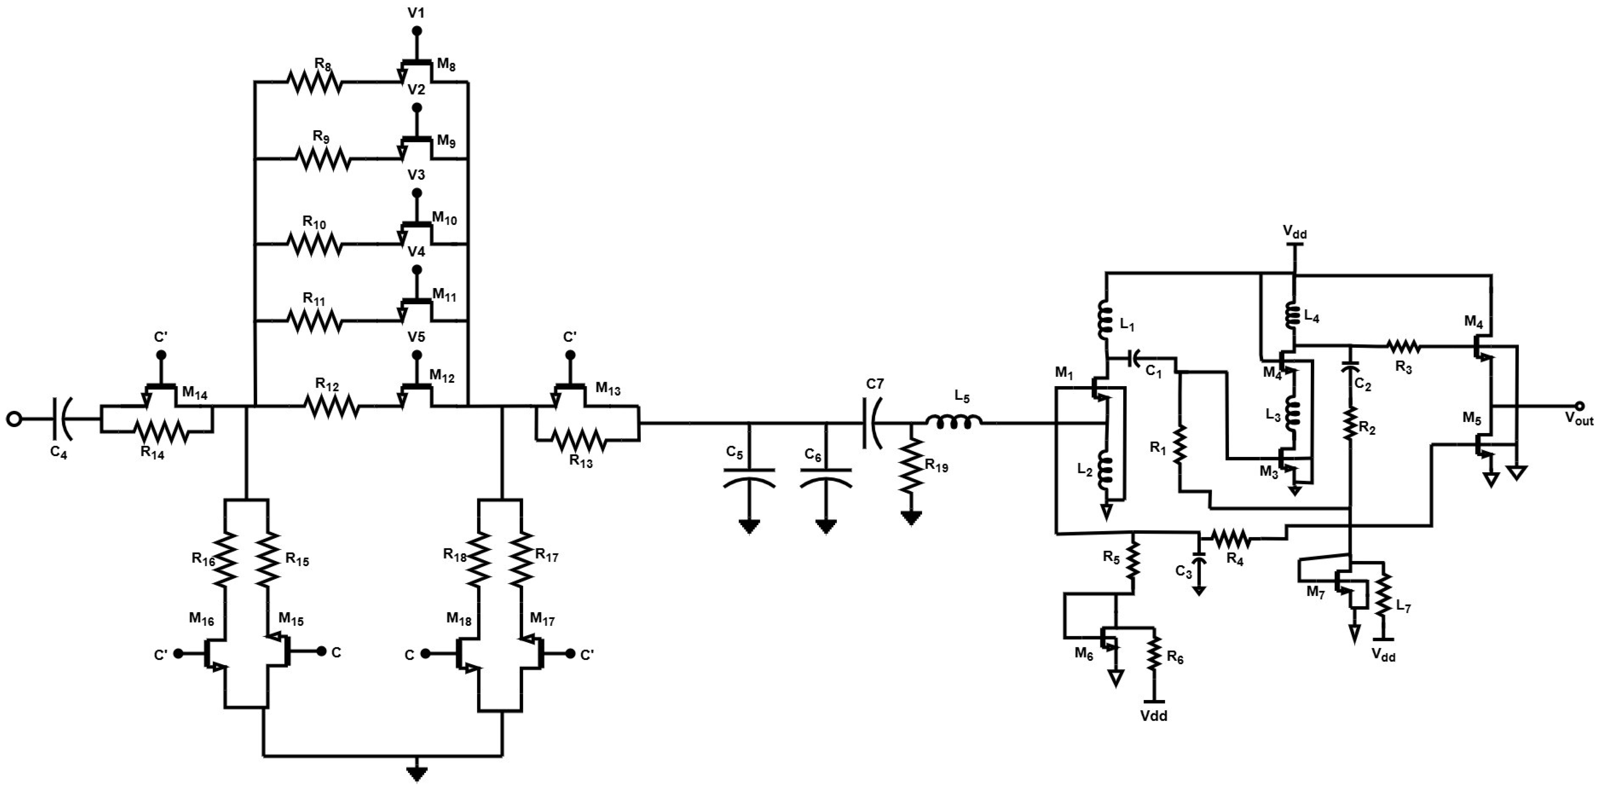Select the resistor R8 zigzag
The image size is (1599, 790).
314,82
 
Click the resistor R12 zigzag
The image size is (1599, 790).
331,407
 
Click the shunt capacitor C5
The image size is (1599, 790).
749,476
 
